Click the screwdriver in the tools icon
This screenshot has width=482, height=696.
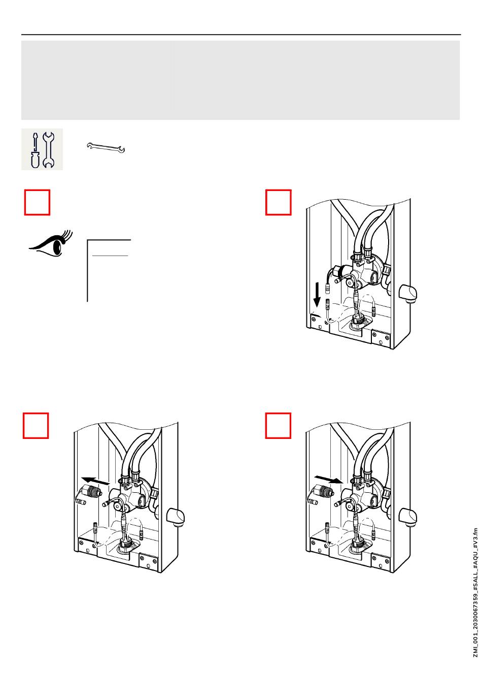click(x=35, y=150)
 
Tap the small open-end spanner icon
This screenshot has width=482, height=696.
click(x=107, y=148)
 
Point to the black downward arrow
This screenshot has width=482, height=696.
click(x=318, y=295)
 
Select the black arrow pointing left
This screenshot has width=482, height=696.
click(x=95, y=480)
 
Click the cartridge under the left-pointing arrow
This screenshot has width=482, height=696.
click(x=89, y=492)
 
